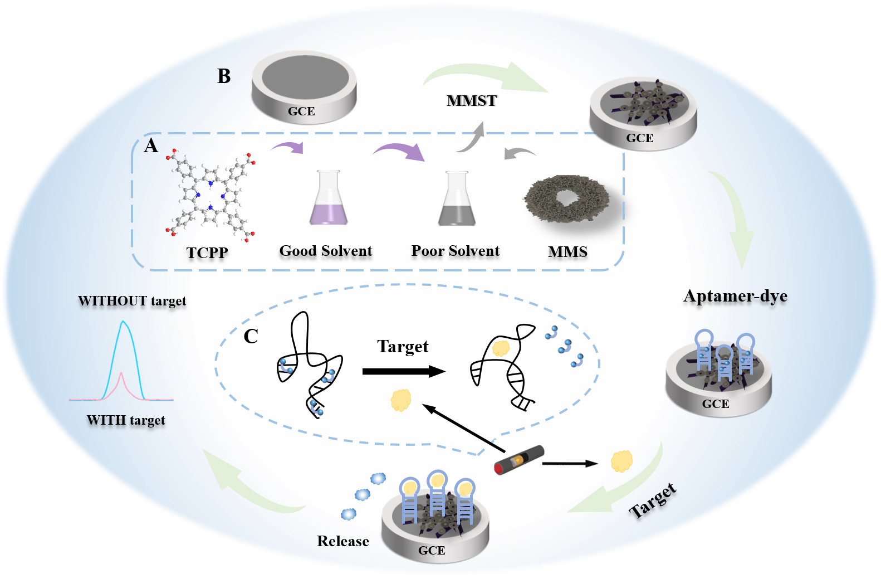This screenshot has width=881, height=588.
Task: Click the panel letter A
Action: click(x=151, y=146)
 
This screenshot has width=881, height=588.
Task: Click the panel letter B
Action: click(x=224, y=76)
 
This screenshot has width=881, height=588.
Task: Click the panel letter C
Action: click(x=251, y=337)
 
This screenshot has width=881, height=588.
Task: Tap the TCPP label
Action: click(x=207, y=252)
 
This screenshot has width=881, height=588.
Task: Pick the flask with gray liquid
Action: click(x=457, y=198)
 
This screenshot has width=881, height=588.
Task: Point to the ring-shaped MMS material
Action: click(x=567, y=199)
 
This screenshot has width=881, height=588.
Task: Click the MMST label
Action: click(x=472, y=101)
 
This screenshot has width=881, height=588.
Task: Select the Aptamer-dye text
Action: click(x=736, y=297)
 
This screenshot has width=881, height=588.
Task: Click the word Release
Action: click(x=343, y=541)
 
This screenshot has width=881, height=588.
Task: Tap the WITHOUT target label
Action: click(x=132, y=301)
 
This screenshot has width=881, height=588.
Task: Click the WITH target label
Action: click(x=126, y=420)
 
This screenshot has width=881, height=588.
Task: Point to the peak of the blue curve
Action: click(x=123, y=321)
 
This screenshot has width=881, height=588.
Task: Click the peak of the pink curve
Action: click(x=121, y=372)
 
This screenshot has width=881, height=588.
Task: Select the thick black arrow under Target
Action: click(x=404, y=372)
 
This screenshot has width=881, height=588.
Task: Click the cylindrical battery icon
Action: click(x=519, y=460)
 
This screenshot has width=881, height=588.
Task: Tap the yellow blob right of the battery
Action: click(x=621, y=461)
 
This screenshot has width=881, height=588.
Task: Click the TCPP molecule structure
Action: click(x=211, y=195)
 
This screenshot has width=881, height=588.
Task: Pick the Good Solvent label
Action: click(x=326, y=251)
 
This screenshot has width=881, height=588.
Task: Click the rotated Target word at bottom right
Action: click(x=653, y=500)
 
